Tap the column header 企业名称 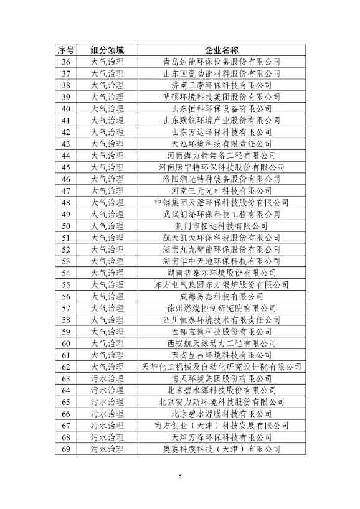point(222,50)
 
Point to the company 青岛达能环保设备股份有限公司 point(222,62)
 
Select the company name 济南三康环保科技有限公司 point(222,85)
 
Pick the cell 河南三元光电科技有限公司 point(222,191)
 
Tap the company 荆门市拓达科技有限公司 point(222,226)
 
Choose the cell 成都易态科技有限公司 point(222,296)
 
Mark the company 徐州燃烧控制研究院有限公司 point(222,308)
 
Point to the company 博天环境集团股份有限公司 point(222,378)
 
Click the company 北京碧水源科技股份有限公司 point(222,390)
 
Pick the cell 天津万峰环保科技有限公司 point(222,437)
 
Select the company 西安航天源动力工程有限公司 point(222,343)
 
